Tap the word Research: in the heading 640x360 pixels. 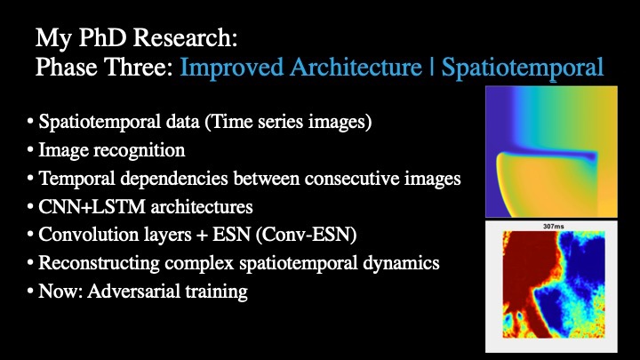click(x=185, y=37)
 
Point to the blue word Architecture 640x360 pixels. click(x=356, y=67)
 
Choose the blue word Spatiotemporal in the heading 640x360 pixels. click(x=523, y=68)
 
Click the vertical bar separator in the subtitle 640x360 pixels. click(x=431, y=68)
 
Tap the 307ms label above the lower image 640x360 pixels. click(x=554, y=226)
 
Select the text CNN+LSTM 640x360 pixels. click(x=92, y=207)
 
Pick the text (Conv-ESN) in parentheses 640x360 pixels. click(x=306, y=235)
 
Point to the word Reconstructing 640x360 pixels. click(x=99, y=264)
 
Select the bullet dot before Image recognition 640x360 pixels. click(x=30, y=150)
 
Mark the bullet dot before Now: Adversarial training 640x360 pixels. click(x=30, y=292)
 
